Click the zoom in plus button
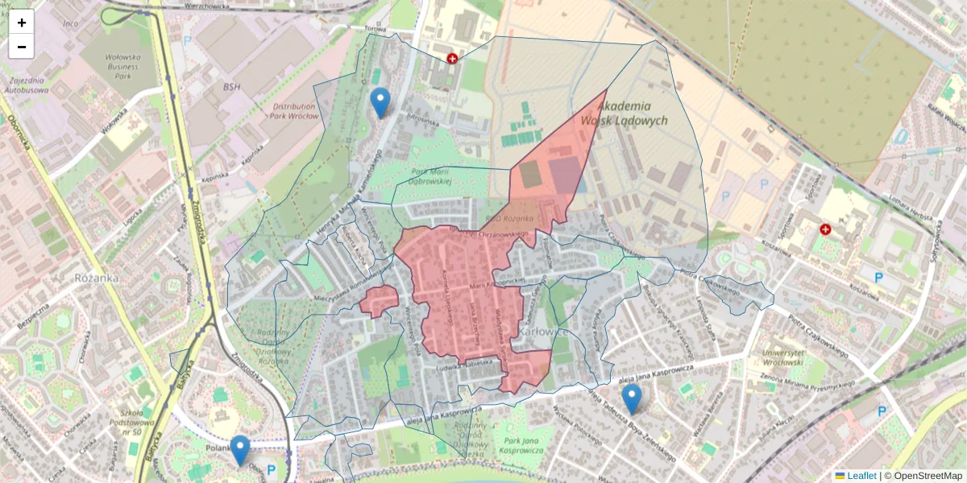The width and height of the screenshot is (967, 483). click(x=22, y=23)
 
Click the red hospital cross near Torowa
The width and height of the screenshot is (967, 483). click(x=453, y=59)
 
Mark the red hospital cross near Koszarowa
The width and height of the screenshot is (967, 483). click(x=825, y=229)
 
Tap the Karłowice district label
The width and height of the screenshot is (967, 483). click(x=544, y=331)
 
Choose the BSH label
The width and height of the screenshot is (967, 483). click(x=233, y=86)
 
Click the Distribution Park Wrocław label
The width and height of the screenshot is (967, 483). click(x=295, y=111)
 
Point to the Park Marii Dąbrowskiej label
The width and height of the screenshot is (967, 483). click(x=431, y=176)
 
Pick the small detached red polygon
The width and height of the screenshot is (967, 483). click(x=379, y=301)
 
